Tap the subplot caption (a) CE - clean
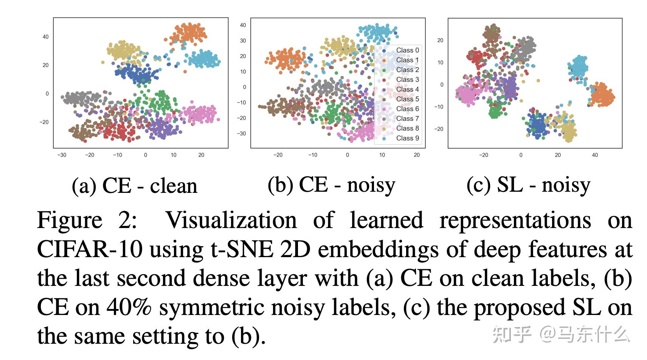(135, 186)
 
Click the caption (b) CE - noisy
(331, 185)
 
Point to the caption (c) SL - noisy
(528, 185)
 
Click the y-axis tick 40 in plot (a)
(45, 37)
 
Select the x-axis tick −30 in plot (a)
(62, 155)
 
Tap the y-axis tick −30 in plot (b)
(242, 133)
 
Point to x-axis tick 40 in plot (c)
(595, 155)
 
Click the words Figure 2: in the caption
(87, 220)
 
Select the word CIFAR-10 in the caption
(90, 250)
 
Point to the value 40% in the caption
(129, 307)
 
